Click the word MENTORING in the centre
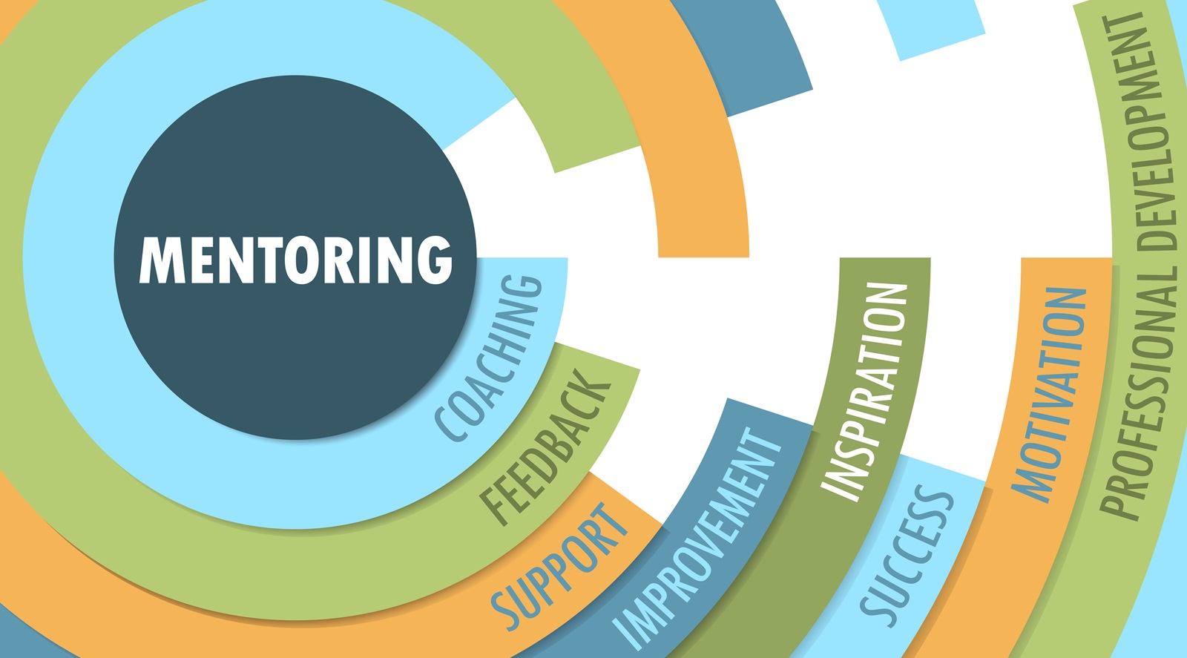pos(295,260)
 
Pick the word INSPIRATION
pos(865,390)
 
